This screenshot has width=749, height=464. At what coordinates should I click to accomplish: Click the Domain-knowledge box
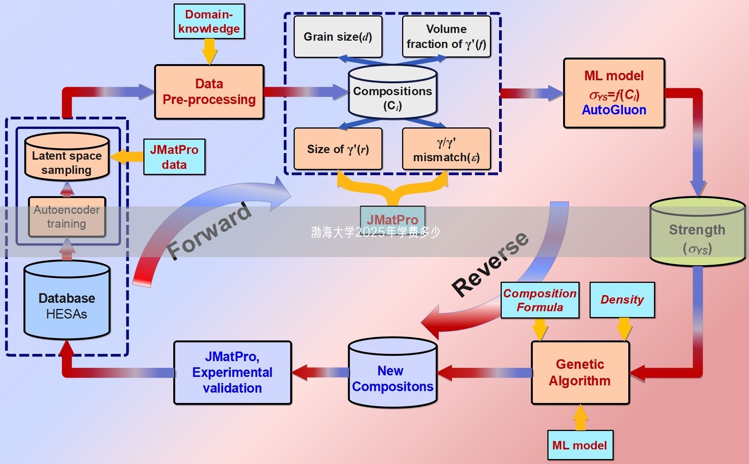[x=209, y=21]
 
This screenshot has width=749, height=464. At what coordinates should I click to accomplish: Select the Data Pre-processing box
[x=209, y=92]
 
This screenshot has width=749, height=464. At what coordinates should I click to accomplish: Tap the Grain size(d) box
[x=338, y=37]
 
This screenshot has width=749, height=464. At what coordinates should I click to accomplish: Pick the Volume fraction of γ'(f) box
[x=446, y=37]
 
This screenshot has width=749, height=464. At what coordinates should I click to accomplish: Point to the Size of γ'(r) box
[x=338, y=149]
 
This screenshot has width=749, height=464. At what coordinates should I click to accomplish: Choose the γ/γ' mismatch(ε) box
[x=446, y=149]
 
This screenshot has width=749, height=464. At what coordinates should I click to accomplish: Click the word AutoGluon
[x=614, y=110]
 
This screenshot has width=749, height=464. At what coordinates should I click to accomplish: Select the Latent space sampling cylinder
[x=67, y=157]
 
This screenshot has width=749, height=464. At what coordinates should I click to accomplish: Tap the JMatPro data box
[x=174, y=157]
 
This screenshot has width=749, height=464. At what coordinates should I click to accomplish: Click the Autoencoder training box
[x=67, y=217]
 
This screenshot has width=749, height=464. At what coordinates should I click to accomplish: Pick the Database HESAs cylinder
[x=67, y=301]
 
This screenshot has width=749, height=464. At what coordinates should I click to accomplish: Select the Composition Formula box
[x=540, y=300]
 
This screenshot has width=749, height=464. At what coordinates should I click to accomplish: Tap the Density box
[x=622, y=300]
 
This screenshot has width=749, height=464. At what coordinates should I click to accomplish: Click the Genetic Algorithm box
[x=580, y=372]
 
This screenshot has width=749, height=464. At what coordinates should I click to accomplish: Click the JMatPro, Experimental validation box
[x=232, y=372]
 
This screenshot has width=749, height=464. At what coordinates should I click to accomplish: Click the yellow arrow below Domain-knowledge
[x=209, y=51]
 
